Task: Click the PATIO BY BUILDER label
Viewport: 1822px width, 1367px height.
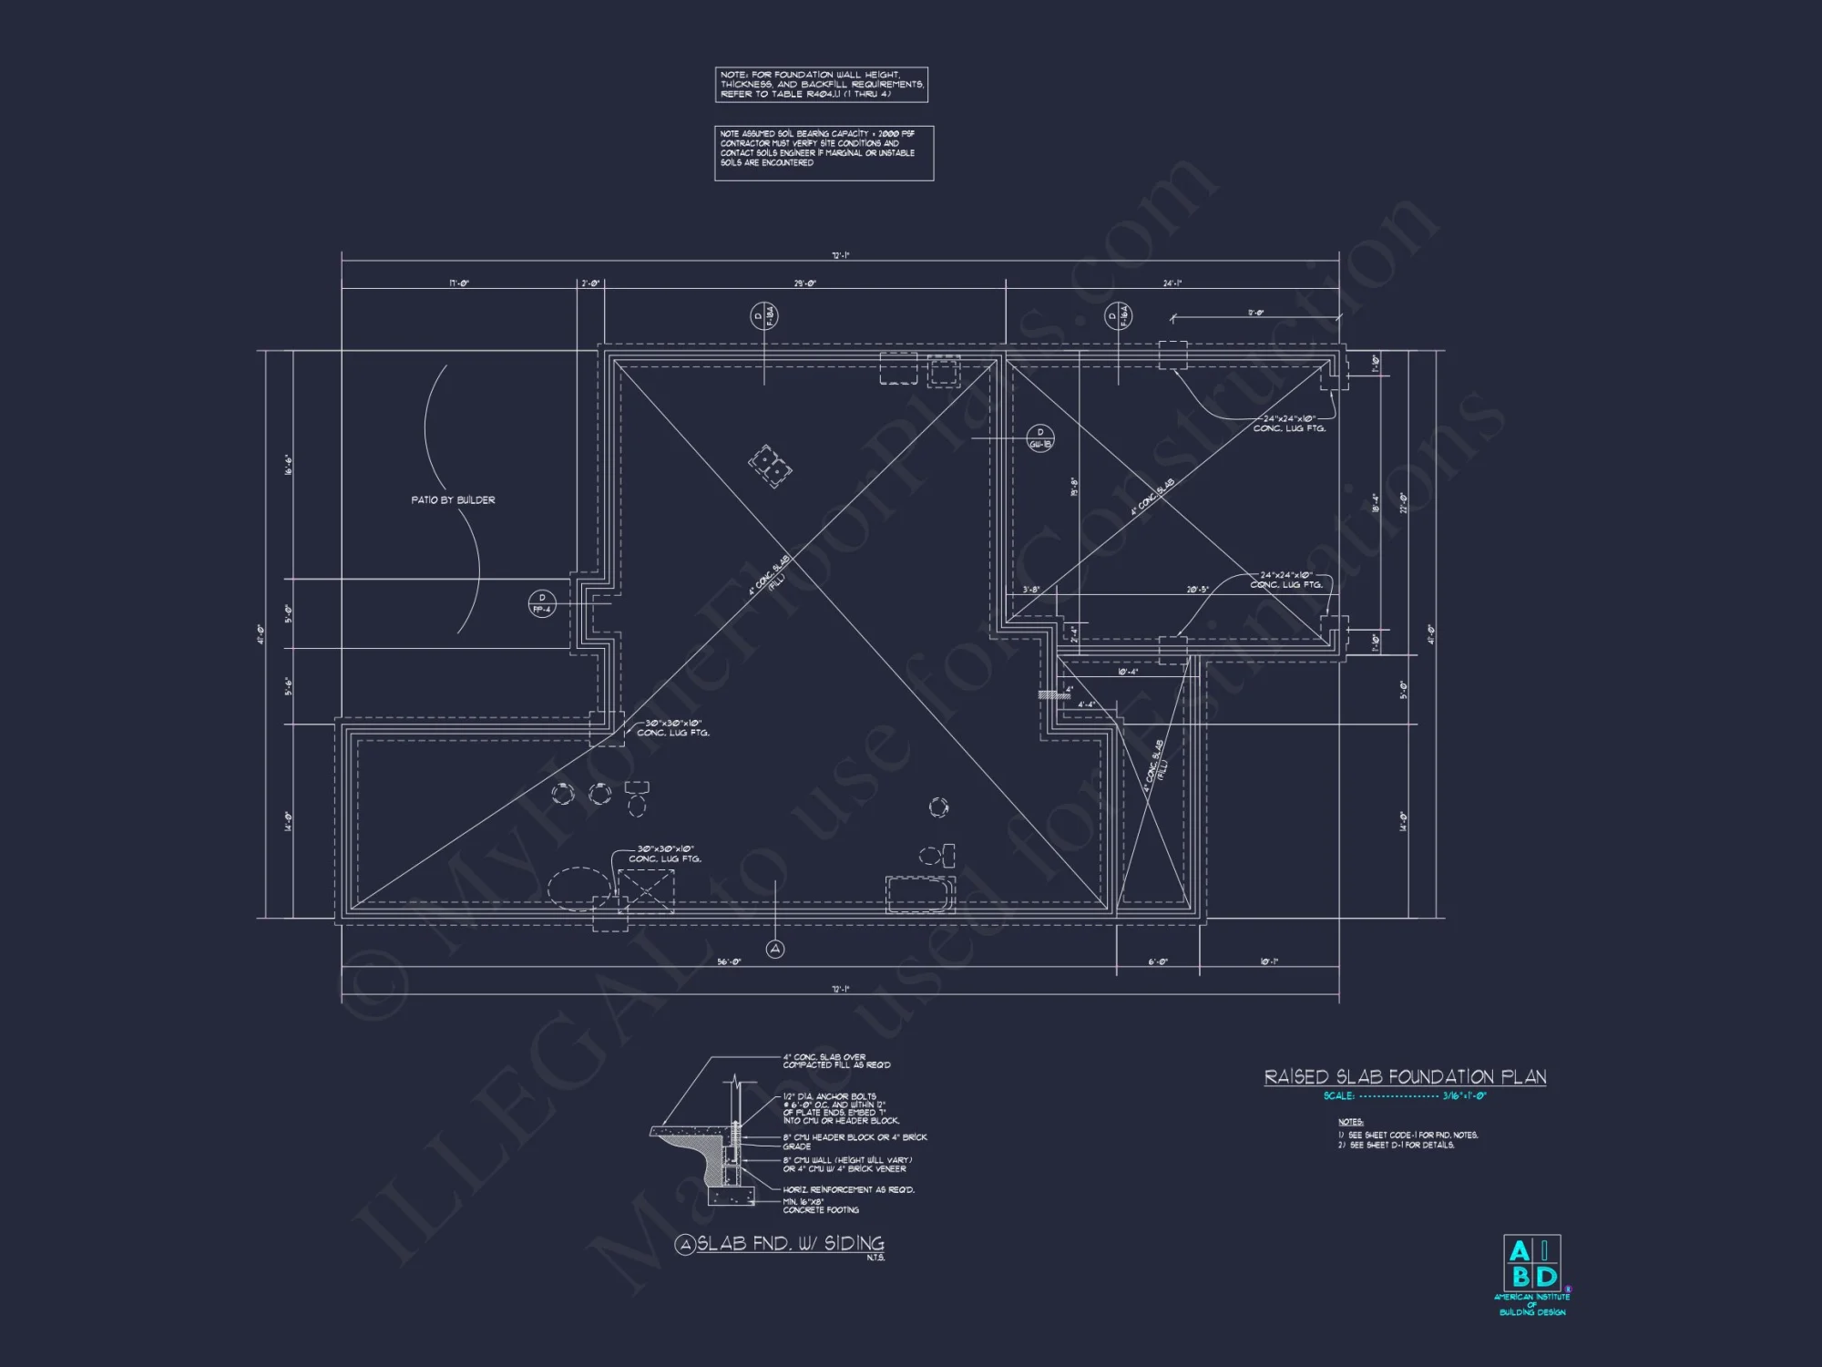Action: [453, 500]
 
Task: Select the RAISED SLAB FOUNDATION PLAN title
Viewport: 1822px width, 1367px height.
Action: [1405, 1077]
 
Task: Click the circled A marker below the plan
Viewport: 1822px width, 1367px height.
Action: [775, 950]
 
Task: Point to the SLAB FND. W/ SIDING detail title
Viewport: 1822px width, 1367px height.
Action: [790, 1244]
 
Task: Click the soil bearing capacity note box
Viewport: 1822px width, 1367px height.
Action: [824, 153]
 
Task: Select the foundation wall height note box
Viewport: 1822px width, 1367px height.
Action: [822, 85]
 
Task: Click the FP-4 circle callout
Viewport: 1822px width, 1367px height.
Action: [542, 603]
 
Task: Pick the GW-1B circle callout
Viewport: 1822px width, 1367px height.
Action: [1040, 438]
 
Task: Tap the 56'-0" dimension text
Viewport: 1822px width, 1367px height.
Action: [728, 962]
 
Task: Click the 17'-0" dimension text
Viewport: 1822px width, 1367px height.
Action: [459, 283]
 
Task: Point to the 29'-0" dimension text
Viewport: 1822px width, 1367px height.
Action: [804, 283]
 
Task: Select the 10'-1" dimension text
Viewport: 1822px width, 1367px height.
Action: [1269, 962]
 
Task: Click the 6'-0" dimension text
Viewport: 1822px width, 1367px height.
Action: [1157, 962]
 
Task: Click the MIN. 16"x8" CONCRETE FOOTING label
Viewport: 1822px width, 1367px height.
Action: [821, 1206]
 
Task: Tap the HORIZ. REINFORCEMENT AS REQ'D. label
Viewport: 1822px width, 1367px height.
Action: [849, 1189]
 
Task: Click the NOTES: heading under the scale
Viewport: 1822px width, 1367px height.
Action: [1350, 1122]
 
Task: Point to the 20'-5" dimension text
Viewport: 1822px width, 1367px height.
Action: [1197, 590]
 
